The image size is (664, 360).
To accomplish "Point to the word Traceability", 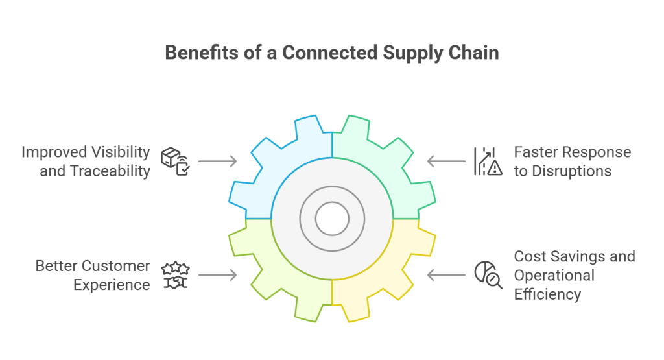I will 112,171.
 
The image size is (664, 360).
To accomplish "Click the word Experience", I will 112,285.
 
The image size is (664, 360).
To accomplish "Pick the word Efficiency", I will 547,294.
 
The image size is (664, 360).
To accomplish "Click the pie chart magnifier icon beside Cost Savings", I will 488,275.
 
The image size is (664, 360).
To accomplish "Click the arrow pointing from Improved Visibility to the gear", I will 217,161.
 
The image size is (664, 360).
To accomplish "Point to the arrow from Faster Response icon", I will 446,161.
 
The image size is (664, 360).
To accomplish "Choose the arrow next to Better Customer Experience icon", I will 217,275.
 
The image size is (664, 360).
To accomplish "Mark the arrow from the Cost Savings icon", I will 446,275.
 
